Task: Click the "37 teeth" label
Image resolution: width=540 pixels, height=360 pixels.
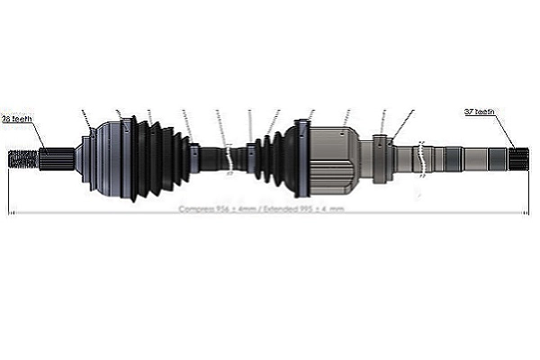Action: (479, 112)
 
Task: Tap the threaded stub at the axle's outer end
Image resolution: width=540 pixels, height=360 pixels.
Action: (22, 160)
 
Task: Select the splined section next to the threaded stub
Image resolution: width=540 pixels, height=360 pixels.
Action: (54, 159)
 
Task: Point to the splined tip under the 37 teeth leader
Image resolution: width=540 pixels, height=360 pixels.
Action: (519, 160)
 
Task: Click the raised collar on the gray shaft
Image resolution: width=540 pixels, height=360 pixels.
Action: (382, 158)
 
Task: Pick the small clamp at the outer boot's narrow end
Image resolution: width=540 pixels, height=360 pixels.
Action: (194, 158)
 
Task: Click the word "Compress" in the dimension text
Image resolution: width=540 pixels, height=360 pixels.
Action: (195, 209)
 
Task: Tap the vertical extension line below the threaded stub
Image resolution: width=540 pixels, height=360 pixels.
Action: (9, 193)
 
